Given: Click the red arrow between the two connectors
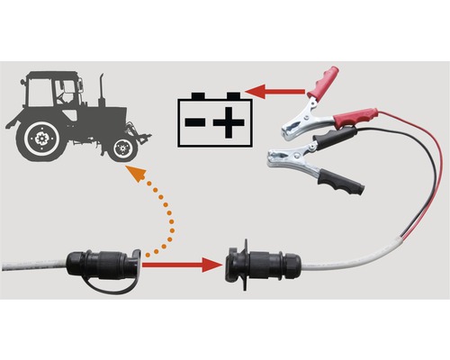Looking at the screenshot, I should (180, 265).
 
